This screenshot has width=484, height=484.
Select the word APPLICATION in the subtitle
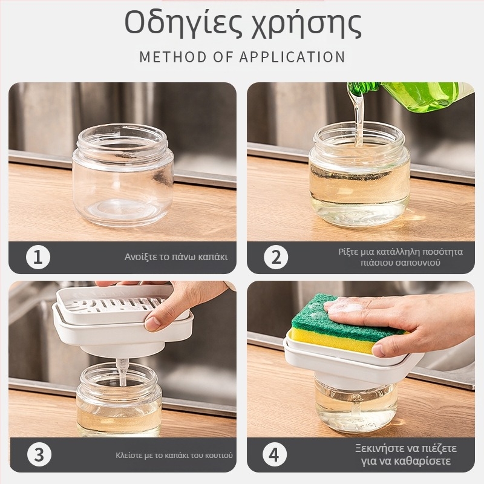coord(292,57)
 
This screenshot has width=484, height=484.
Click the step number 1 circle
coord(38,257)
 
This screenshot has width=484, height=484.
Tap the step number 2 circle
coord(276,257)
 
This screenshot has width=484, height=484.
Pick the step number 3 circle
coord(39,454)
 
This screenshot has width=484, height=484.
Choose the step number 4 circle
coord(275,454)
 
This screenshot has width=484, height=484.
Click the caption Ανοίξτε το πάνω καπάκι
coord(176,257)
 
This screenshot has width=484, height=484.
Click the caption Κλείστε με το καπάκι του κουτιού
coord(174,456)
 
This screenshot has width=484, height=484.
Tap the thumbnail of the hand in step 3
coord(152,324)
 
